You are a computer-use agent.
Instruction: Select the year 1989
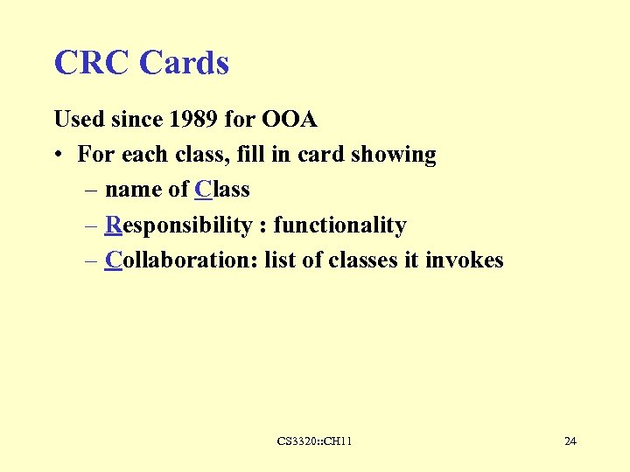point(191,119)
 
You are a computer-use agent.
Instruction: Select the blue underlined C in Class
point(203,190)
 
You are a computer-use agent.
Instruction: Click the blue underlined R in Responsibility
point(113,226)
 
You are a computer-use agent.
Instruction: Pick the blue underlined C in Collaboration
point(113,260)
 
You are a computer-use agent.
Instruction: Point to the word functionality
point(339,226)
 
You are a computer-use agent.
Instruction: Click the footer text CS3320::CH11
point(315,441)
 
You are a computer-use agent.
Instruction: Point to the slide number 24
point(570,441)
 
